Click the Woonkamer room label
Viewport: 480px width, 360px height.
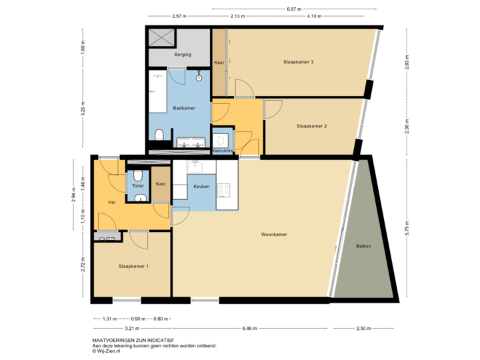pos(274,235)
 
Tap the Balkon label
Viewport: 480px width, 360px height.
pos(363,246)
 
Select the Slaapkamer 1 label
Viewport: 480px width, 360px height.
pos(133,267)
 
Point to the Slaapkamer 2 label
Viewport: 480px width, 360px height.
pos(311,125)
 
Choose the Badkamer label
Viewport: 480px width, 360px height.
pos(183,107)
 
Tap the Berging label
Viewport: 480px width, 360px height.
pos(182,55)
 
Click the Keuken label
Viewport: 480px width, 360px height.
pos(201,187)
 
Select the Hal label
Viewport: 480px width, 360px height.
pos(112,201)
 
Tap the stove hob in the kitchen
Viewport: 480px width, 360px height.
pos(223,191)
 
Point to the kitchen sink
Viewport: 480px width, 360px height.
pos(195,167)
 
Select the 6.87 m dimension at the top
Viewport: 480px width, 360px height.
pos(292,9)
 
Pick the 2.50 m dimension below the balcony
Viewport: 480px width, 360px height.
pos(363,328)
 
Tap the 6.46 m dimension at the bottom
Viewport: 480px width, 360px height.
pos(249,328)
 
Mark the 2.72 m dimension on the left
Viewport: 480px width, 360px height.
pos(82,265)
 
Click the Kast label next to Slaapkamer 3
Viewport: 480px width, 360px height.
pos(219,63)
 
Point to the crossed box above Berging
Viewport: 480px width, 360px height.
pos(161,37)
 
